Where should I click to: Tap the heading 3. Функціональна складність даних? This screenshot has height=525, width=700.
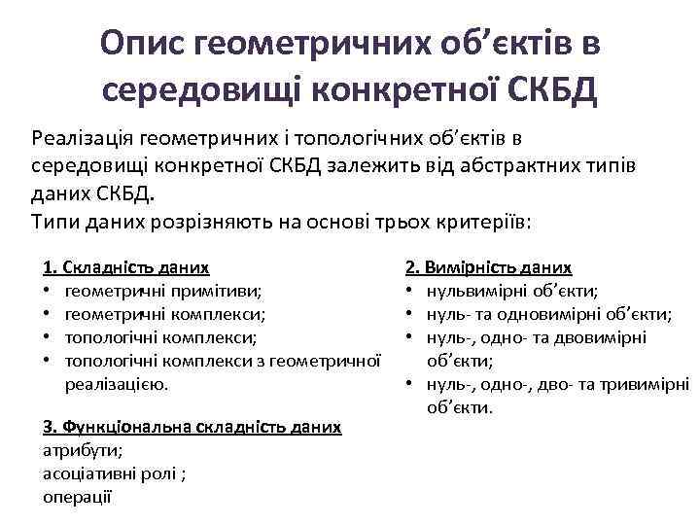click(192, 427)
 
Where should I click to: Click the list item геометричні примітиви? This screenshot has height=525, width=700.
click(162, 290)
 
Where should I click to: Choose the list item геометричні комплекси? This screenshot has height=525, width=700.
click(164, 313)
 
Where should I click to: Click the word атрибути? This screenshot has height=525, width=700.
click(83, 450)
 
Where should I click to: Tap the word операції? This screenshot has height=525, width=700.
click(78, 497)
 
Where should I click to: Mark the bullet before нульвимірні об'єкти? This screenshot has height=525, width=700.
click(410, 290)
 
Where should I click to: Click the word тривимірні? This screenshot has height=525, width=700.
click(647, 384)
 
